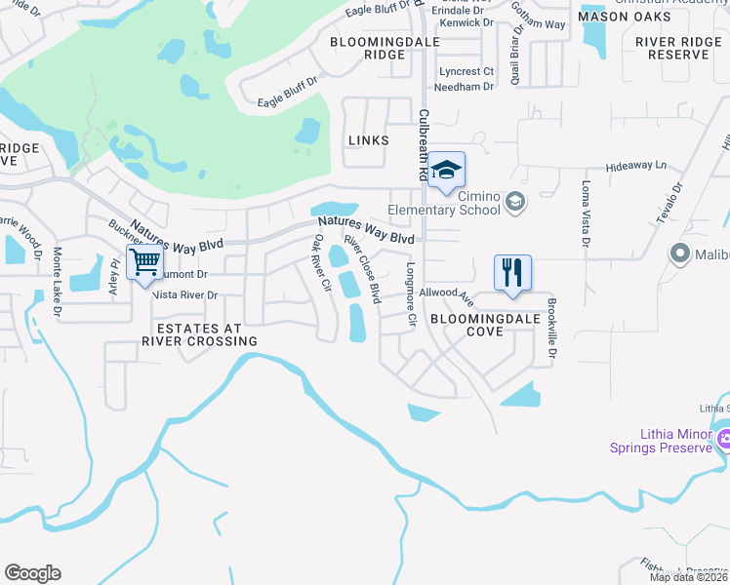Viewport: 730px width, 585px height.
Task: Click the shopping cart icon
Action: (144, 261)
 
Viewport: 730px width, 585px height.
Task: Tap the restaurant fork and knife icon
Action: (512, 272)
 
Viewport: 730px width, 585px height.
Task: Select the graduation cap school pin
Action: (446, 171)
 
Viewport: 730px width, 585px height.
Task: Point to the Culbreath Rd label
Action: (424, 144)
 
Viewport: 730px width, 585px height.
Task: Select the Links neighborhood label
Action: (368, 140)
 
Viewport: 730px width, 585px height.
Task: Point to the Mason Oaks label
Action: (625, 18)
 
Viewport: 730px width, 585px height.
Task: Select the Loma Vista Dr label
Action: (587, 214)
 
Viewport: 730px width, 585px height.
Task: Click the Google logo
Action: (32, 573)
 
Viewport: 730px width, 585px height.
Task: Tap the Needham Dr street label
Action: (466, 87)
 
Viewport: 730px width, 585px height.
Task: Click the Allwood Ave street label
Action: (446, 293)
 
